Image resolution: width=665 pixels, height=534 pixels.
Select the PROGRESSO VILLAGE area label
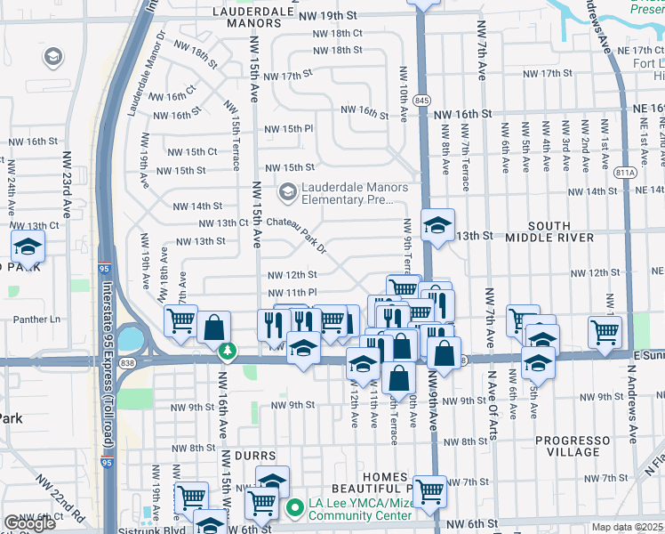tap(573, 446)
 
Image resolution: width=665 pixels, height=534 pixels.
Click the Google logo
tap(29, 523)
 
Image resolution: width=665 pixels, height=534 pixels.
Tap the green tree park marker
tap(228, 352)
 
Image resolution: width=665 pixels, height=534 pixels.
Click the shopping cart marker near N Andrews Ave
tap(605, 331)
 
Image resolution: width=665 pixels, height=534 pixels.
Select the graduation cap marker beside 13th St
tap(437, 225)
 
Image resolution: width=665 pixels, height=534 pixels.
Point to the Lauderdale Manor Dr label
tap(146, 75)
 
